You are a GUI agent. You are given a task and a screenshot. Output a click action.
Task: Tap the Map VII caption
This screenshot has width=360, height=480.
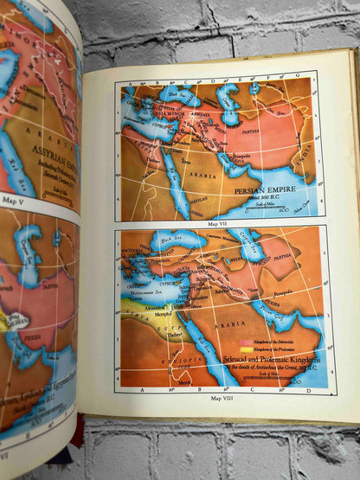(221, 221)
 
